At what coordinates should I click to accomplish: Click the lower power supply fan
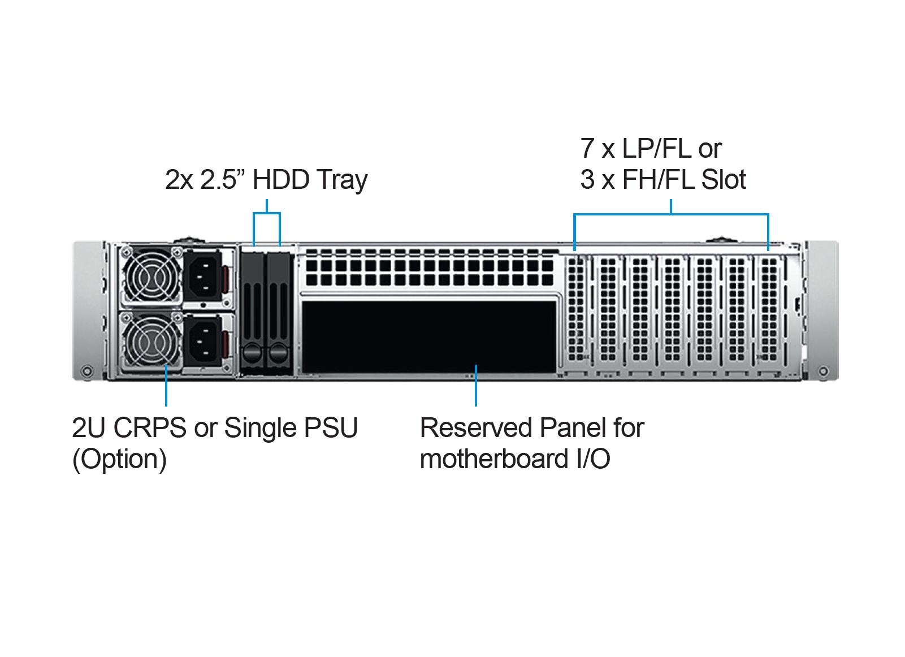[150, 340]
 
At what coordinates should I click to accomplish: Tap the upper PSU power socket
[202, 275]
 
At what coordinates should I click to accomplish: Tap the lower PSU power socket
[202, 340]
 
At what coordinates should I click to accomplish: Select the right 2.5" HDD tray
[278, 310]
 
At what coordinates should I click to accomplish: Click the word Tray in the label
[342, 181]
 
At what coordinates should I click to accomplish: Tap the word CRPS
[150, 428]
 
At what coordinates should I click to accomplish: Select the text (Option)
[119, 459]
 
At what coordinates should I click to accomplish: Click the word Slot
[724, 180]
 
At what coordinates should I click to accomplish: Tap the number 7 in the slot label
[587, 149]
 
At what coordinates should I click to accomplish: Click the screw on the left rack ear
[86, 371]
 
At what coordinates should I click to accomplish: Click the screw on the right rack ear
[823, 371]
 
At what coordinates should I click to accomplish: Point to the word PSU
[331, 428]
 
